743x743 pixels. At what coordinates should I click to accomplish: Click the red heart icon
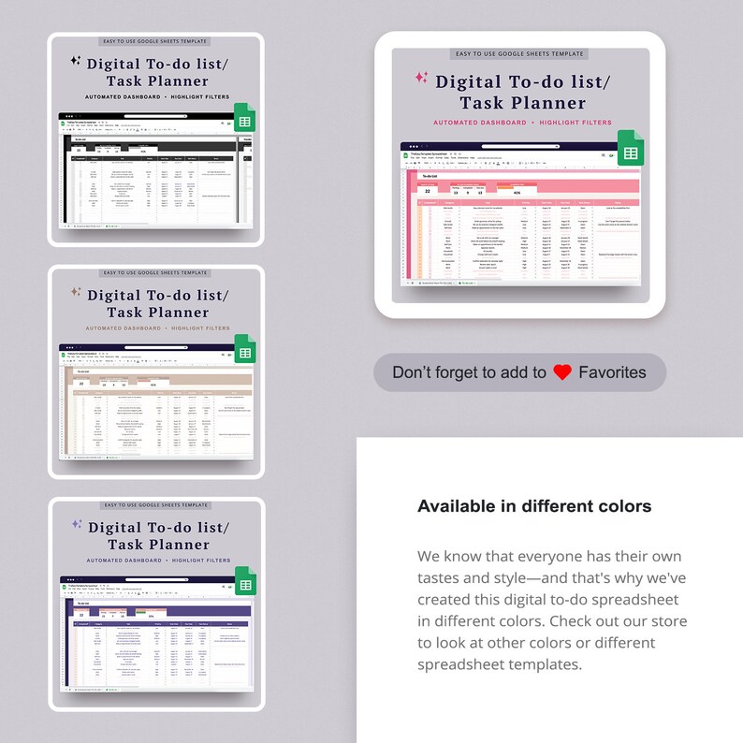click(x=562, y=372)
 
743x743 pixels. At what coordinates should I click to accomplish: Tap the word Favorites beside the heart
click(x=612, y=372)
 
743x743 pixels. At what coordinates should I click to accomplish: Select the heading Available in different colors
click(x=534, y=506)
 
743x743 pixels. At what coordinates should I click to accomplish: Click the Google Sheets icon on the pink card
click(x=631, y=153)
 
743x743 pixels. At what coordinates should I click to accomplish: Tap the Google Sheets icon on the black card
click(x=244, y=122)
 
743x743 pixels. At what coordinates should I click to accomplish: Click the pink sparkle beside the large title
click(x=421, y=78)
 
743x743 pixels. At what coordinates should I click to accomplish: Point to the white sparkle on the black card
click(x=76, y=61)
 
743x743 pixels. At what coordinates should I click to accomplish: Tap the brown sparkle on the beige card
click(x=76, y=292)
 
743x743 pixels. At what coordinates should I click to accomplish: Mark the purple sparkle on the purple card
click(x=77, y=524)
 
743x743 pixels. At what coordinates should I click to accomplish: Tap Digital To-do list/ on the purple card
click(x=158, y=527)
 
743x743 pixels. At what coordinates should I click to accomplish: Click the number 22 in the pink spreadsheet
click(x=428, y=192)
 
